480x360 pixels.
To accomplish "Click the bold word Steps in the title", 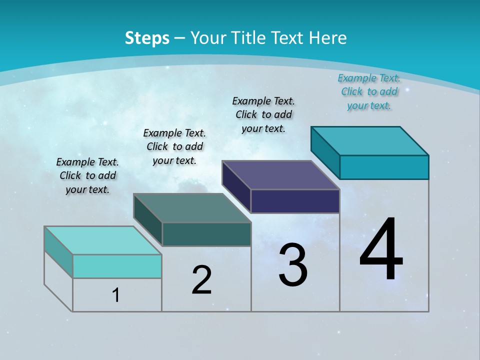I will click(147, 38).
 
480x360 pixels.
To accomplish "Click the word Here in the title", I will click(327, 38).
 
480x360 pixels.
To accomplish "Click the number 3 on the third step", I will click(293, 265).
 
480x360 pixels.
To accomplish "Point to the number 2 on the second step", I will click(201, 280).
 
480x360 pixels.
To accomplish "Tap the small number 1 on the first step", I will click(116, 295).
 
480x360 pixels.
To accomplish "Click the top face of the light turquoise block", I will click(103, 240).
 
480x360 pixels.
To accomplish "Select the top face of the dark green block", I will click(192, 208).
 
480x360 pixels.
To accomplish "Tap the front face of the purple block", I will click(295, 201).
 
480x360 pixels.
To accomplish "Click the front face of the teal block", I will click(384, 167).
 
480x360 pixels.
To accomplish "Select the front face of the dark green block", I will click(206, 234).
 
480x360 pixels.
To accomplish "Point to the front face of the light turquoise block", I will click(117, 266).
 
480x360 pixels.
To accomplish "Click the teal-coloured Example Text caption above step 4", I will click(369, 92).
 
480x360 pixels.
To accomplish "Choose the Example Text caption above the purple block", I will click(263, 114).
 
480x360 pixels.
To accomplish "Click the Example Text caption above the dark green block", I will click(174, 146).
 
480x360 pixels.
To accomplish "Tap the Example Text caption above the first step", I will click(87, 175).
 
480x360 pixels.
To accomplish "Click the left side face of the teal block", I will click(325, 152).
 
